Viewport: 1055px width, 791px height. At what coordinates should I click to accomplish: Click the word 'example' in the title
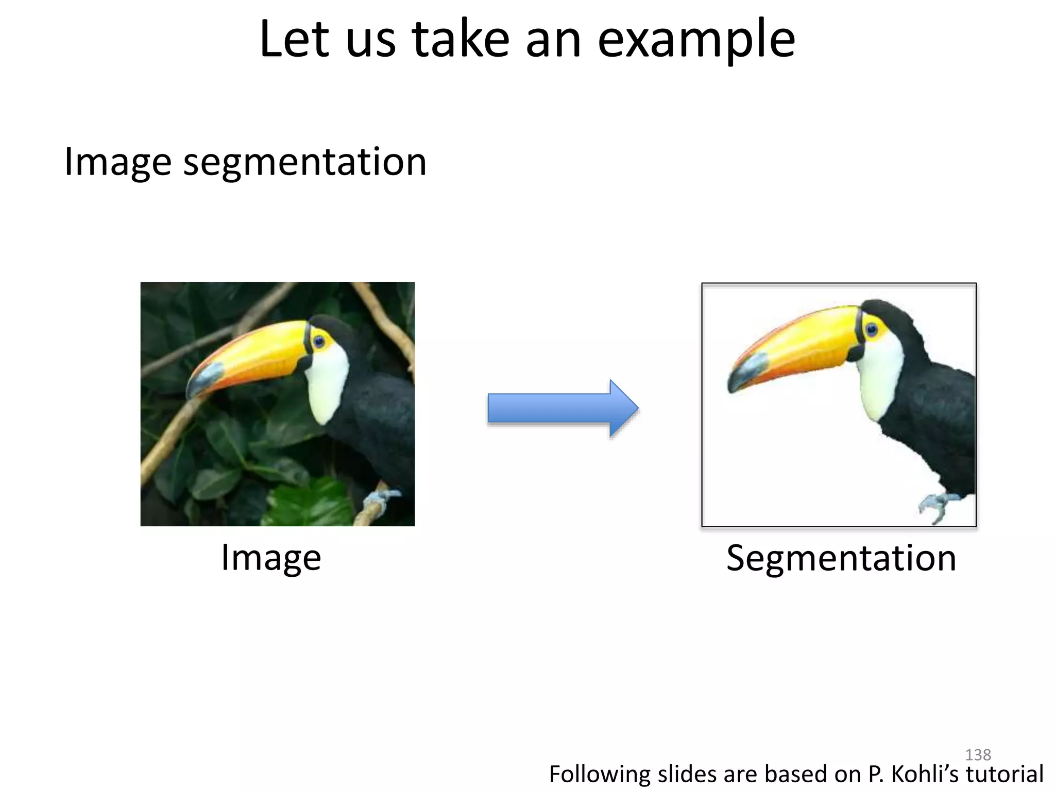pos(696,40)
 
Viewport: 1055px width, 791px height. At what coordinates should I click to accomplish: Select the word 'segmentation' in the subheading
pos(305,162)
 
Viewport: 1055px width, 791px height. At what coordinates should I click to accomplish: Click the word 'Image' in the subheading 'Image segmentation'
pos(117,162)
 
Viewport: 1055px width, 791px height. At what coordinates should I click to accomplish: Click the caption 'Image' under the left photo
pos(271,558)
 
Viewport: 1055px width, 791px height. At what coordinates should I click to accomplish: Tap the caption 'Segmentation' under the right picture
pos(841,558)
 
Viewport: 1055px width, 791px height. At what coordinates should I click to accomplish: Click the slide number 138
pos(977,754)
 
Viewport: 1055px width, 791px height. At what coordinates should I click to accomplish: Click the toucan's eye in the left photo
pos(319,341)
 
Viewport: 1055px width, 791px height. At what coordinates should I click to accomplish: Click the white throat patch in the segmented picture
pos(882,379)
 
